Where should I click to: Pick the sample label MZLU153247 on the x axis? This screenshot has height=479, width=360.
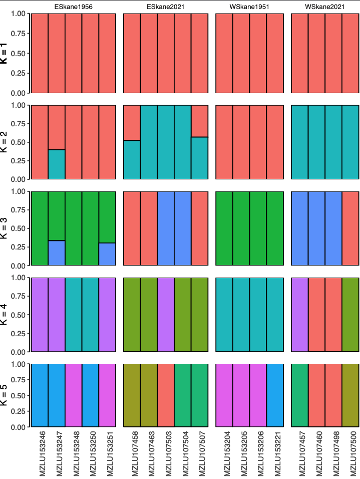click(x=57, y=453)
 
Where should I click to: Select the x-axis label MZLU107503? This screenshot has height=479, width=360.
click(x=166, y=453)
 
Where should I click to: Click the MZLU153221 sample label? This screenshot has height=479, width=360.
click(x=275, y=453)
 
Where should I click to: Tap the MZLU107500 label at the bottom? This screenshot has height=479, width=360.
click(x=350, y=453)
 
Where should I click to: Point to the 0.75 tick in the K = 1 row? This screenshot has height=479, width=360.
click(x=19, y=33)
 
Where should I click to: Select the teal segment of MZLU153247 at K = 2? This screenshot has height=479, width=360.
click(x=57, y=164)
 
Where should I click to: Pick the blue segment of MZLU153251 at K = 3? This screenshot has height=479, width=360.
click(x=107, y=254)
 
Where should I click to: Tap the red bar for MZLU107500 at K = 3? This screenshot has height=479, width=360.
click(x=350, y=228)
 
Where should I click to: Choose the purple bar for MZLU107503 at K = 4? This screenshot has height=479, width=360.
click(x=166, y=314)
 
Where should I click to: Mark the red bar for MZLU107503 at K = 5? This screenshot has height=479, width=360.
click(x=166, y=395)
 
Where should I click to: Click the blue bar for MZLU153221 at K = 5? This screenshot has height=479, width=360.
click(x=275, y=395)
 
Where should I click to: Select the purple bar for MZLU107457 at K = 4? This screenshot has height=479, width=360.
click(x=299, y=314)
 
